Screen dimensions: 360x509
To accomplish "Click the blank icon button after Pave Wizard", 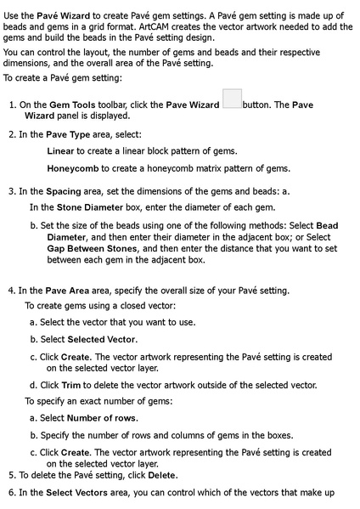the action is (x=232, y=99).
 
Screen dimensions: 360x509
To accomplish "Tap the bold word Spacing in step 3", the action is (x=64, y=191).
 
